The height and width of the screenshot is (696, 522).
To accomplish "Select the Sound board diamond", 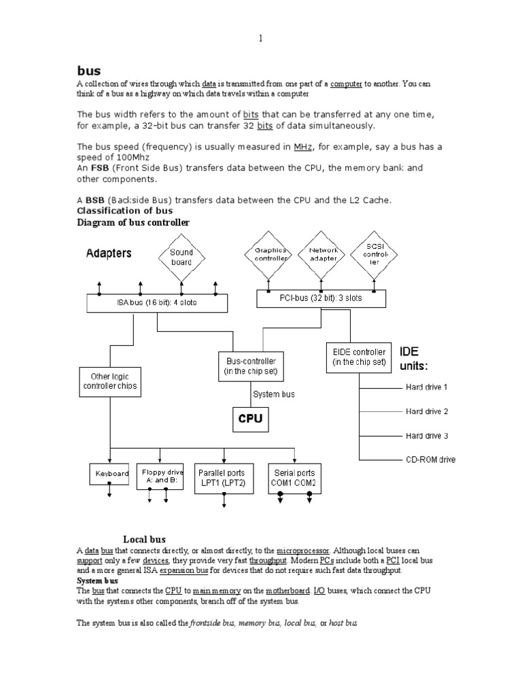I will tap(181, 257).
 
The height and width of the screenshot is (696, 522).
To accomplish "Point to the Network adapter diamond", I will tap(322, 254).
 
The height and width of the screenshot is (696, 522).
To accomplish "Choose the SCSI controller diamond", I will tap(375, 254).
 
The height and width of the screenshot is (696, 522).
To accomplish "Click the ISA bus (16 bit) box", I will tap(157, 302).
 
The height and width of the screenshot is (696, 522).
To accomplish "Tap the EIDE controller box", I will tap(360, 358).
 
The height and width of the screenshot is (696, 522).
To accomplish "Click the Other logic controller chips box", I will tap(109, 381).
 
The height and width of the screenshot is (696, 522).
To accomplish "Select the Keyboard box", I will tap(109, 474).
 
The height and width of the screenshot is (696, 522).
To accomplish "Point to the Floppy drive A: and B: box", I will tap(160, 474).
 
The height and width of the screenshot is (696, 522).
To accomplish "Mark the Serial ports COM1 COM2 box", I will tap(295, 478).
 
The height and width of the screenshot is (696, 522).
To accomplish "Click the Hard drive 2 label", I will tap(427, 411).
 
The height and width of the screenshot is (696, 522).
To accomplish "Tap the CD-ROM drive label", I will tap(431, 459).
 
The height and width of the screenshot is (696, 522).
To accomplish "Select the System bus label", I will tap(274, 394).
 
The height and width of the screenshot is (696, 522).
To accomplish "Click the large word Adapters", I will tap(109, 254).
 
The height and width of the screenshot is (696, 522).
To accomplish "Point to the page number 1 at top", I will tap(260, 39).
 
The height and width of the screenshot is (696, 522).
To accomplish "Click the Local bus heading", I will tap(144, 539).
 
